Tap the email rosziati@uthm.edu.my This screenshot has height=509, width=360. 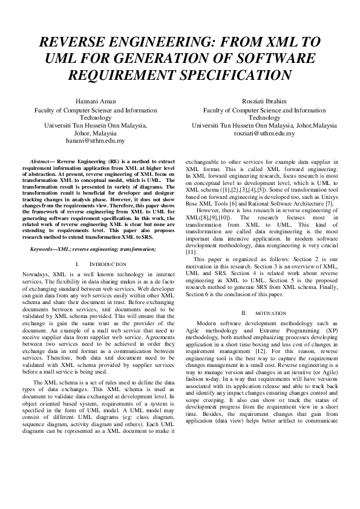click(x=264, y=133)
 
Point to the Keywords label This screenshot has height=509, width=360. click(x=48, y=248)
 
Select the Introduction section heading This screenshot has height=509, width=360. click(x=108, y=265)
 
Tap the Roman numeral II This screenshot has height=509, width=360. click(x=244, y=313)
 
